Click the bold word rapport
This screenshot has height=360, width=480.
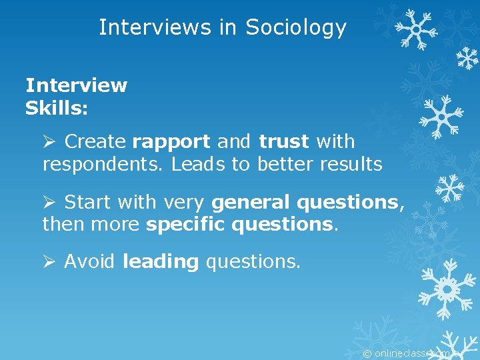coord(171,142)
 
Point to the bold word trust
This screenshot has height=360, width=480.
coord(283,142)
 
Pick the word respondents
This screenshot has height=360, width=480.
coord(102,164)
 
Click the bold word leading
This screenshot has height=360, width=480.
coord(161,262)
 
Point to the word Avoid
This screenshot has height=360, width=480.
coord(90,262)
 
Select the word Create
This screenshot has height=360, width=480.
coord(96,142)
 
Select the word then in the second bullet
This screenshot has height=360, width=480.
coord(63,224)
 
